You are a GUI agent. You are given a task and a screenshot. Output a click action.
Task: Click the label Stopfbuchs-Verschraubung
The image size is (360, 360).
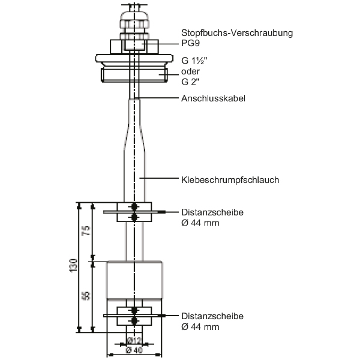tap(237, 33)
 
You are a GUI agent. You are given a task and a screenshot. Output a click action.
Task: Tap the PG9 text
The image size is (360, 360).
tap(191, 43)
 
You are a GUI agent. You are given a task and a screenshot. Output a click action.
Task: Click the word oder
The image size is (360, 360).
tap(190, 71)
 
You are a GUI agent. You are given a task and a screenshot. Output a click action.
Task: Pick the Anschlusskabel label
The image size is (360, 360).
tap(213, 98)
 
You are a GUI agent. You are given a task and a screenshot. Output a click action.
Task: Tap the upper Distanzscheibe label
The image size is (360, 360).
tap(212, 212)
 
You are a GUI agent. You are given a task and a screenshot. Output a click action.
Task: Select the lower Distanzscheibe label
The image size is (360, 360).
tap(212, 316)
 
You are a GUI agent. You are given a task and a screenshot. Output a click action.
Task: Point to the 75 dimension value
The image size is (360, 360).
tap(86, 232)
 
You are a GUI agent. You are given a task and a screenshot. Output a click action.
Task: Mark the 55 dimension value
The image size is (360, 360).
tap(86, 295)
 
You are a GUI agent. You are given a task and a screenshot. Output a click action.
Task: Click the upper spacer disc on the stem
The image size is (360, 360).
tap(134, 212)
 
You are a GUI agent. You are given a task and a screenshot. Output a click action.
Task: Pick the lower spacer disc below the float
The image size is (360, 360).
tap(134, 316)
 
